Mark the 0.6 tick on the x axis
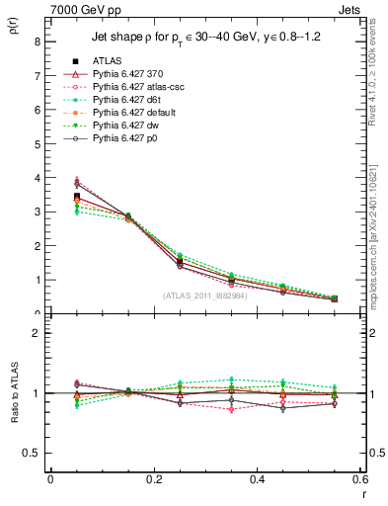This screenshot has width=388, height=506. click(360, 479)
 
